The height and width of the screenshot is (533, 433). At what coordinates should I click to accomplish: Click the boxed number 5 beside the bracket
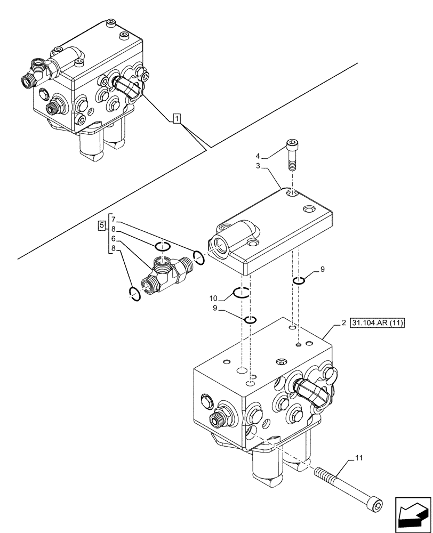point(101,226)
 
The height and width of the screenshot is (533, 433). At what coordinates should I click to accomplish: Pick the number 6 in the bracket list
point(113,239)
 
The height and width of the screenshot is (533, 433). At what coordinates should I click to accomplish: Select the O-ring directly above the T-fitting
point(163,246)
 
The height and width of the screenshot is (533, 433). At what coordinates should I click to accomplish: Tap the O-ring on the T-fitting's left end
point(135,293)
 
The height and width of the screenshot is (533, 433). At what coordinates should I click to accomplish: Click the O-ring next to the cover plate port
point(198,258)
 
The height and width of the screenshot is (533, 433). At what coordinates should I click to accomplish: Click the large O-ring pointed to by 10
point(242,292)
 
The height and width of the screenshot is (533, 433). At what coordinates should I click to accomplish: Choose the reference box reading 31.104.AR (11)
point(379,323)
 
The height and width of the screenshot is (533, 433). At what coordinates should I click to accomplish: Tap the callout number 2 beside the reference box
point(344,323)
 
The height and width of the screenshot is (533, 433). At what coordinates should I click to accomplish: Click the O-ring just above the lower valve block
point(250,320)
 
